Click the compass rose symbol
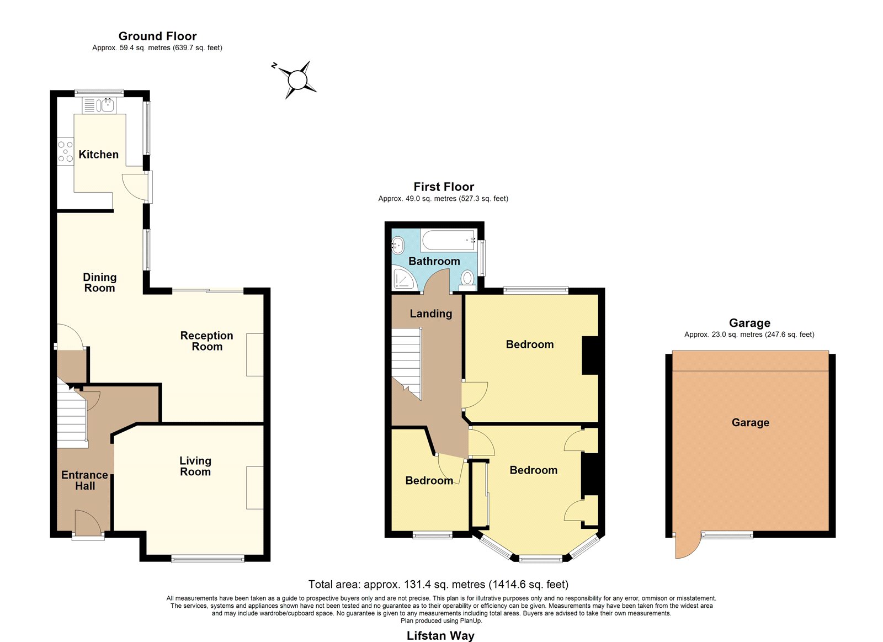click(x=297, y=80)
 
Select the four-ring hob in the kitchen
click(x=66, y=151)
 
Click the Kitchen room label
click(x=99, y=154)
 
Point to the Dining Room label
click(x=100, y=282)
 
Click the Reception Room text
click(x=207, y=341)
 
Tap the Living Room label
click(x=195, y=466)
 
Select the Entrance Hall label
click(x=85, y=480)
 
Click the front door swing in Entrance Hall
click(x=88, y=523)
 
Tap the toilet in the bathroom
click(x=467, y=280)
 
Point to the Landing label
click(x=431, y=314)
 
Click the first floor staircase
click(x=406, y=363)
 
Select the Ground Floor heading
click(x=158, y=36)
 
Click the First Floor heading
click(x=444, y=187)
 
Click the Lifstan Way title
click(x=440, y=635)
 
